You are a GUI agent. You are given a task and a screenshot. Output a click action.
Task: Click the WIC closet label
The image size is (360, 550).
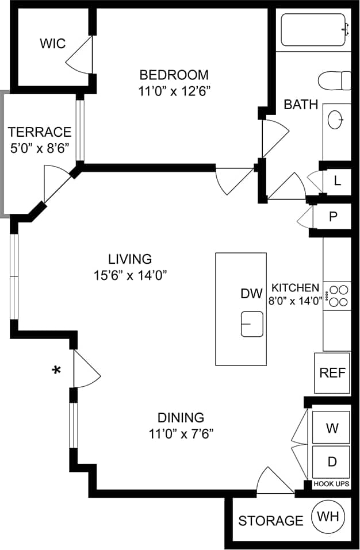pyautogui.click(x=53, y=44)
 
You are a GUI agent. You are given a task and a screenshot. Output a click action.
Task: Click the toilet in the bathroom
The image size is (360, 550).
pyautogui.click(x=335, y=80)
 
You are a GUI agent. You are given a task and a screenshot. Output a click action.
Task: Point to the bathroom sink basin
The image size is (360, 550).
pyautogui.click(x=336, y=120)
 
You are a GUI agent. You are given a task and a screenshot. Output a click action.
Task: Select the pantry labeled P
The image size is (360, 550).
pyautogui.click(x=332, y=217)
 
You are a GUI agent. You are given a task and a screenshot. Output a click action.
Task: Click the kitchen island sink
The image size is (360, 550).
pyautogui.click(x=252, y=324)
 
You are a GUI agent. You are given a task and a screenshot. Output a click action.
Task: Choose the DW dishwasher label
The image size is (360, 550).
pyautogui.click(x=251, y=294)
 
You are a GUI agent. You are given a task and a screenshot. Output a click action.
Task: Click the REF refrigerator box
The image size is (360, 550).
pyautogui.click(x=332, y=372)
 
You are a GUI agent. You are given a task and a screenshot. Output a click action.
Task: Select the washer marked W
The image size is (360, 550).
pyautogui.click(x=331, y=428)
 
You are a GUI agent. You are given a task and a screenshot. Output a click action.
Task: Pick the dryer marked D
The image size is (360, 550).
pyautogui.click(x=331, y=461)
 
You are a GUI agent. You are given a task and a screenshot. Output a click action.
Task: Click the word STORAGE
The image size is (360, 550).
pyautogui.click(x=270, y=521)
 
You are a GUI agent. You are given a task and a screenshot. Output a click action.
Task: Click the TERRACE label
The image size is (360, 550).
pyautogui.click(x=40, y=132)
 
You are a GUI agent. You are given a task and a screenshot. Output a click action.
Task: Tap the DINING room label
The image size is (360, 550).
pyautogui.click(x=181, y=417)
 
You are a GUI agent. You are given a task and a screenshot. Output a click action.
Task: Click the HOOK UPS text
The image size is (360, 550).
pyautogui.click(x=331, y=484)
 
